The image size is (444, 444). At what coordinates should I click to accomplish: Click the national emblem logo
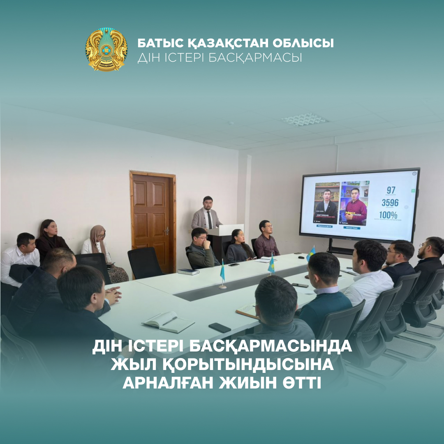click(106, 49)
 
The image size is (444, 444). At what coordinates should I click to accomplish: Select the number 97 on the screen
click(391, 190)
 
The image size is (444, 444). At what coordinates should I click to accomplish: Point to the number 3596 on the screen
click(390, 203)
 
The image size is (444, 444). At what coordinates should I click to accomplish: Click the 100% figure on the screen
click(388, 215)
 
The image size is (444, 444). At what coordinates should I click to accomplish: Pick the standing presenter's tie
click(210, 220)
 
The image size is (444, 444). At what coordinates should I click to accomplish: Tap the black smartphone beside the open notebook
click(220, 327)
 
